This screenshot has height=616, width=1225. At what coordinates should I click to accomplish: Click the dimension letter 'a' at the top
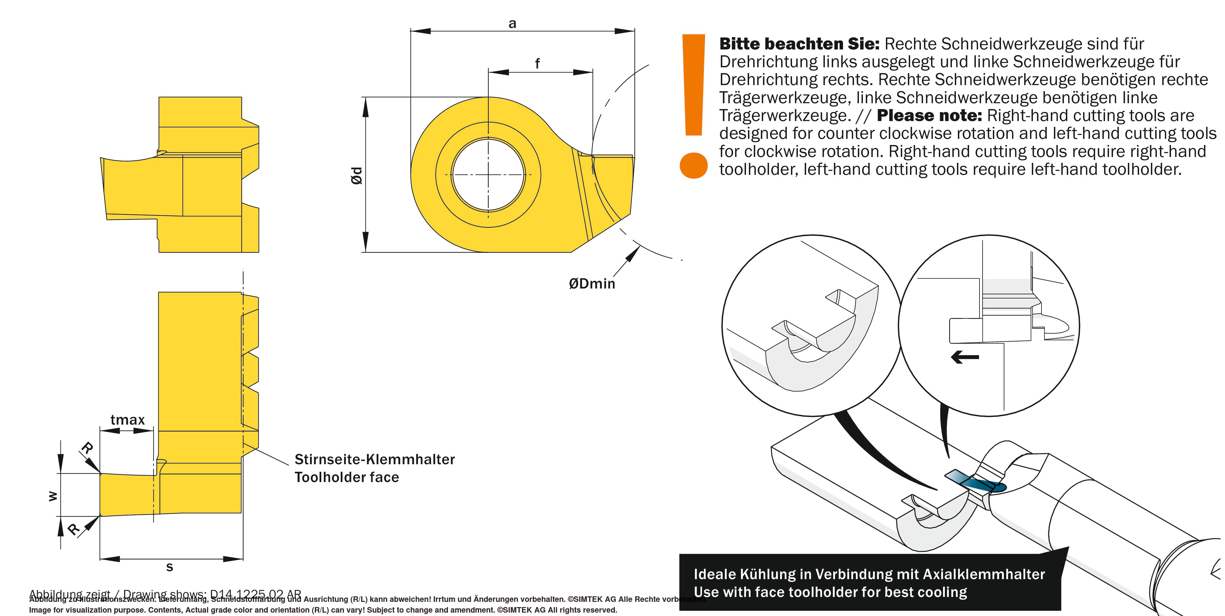pos(512,24)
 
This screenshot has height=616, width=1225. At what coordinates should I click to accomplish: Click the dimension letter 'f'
pos(537,63)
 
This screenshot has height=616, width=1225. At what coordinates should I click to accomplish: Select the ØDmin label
pos(592,284)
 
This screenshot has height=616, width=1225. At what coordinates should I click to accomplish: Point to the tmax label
pos(127,420)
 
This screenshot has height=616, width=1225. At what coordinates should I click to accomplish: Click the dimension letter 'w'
pos(53,496)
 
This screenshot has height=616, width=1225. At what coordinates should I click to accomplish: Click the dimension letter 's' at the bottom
pos(169,567)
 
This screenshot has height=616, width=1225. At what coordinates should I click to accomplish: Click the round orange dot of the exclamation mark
pos(694,165)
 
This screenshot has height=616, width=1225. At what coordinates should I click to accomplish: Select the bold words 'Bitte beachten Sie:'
pos(799,44)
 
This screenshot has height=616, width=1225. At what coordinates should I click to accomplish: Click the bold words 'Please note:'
pos(929,116)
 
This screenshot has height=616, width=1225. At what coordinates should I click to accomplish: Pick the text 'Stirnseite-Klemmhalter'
pos(375,459)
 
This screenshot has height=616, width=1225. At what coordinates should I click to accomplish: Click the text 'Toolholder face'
pos(347,477)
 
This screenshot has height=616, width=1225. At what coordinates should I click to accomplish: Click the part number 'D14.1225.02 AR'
pos(255,594)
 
